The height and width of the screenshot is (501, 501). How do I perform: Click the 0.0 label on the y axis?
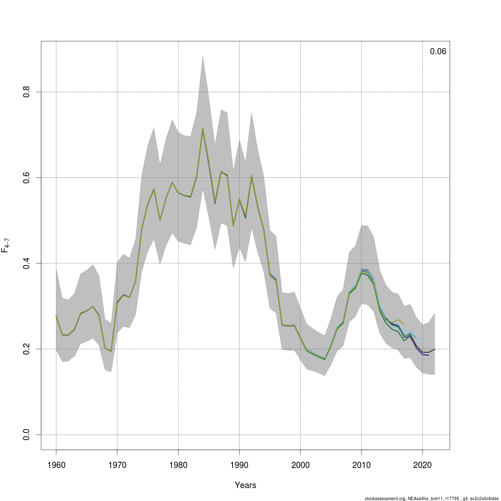pyautogui.click(x=26, y=435)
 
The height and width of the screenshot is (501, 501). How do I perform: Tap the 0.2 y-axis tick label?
pyautogui.click(x=26, y=349)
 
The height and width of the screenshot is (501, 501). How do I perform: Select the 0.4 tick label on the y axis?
pyautogui.click(x=26, y=263)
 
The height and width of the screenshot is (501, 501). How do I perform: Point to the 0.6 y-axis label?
pyautogui.click(x=26, y=177)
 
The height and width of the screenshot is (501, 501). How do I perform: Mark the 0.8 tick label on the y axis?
pyautogui.click(x=26, y=92)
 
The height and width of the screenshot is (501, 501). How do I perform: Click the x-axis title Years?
pyautogui.click(x=245, y=485)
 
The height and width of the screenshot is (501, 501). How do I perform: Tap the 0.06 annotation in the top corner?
pyautogui.click(x=438, y=52)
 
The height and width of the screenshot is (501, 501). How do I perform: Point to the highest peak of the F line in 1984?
pyautogui.click(x=202, y=129)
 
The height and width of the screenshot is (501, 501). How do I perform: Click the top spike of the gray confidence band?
pyautogui.click(x=202, y=56)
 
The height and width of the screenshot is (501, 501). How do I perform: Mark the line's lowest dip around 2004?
pyautogui.click(x=325, y=359)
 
